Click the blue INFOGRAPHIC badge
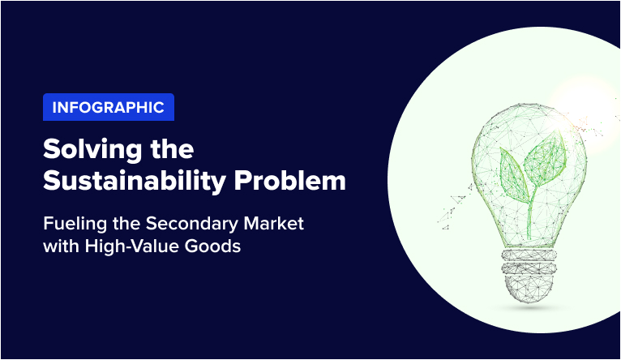coord(108,107)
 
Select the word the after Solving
coord(169,150)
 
